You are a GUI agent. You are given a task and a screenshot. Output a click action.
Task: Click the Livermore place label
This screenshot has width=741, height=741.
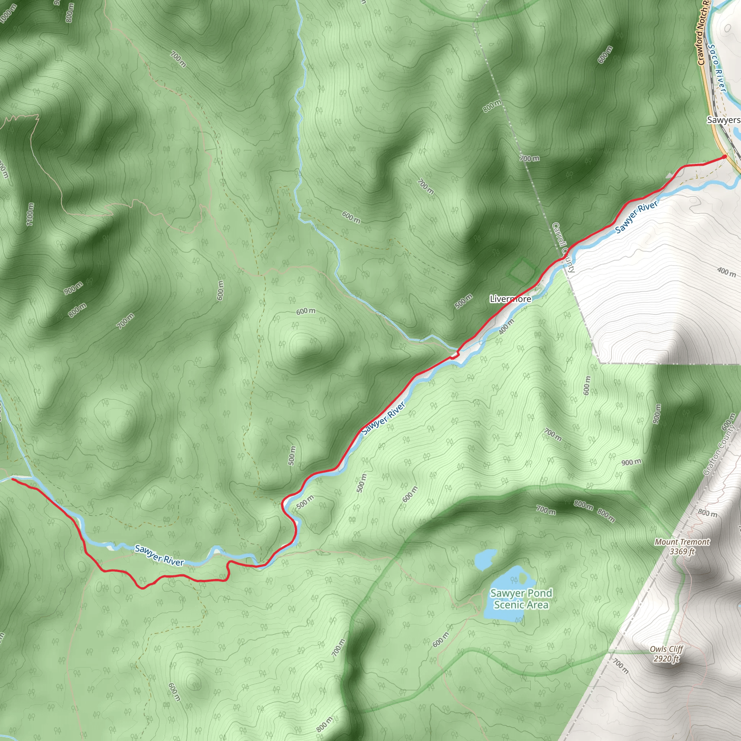[x=511, y=299]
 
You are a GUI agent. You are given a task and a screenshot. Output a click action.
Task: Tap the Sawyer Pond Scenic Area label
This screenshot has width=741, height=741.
[x=521, y=599]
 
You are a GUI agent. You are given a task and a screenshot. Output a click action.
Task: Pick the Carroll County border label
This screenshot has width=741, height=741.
[x=563, y=248]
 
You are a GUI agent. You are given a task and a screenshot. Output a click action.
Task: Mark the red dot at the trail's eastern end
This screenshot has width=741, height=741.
[x=724, y=156]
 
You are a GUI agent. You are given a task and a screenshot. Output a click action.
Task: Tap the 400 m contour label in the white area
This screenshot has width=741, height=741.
[x=727, y=272]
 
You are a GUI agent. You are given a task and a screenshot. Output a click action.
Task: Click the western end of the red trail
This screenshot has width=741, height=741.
[x=13, y=479]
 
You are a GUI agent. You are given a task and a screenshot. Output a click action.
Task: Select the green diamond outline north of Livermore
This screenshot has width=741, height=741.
[x=522, y=270]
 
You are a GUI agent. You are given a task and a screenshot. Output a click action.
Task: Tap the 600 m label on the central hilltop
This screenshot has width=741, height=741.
[x=306, y=311]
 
